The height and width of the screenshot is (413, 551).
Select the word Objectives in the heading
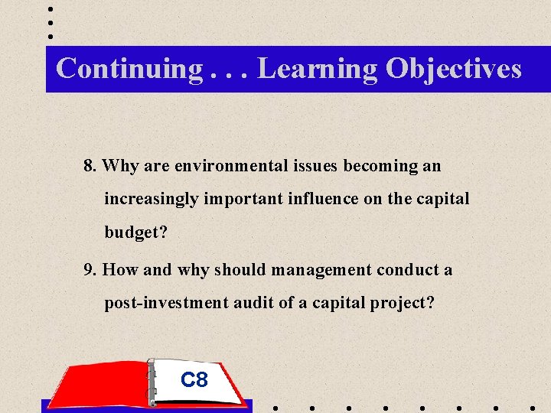[454, 69]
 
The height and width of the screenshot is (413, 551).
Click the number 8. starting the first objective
[90, 165]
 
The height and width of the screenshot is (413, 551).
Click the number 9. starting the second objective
[90, 270]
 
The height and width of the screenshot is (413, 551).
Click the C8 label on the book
[194, 379]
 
